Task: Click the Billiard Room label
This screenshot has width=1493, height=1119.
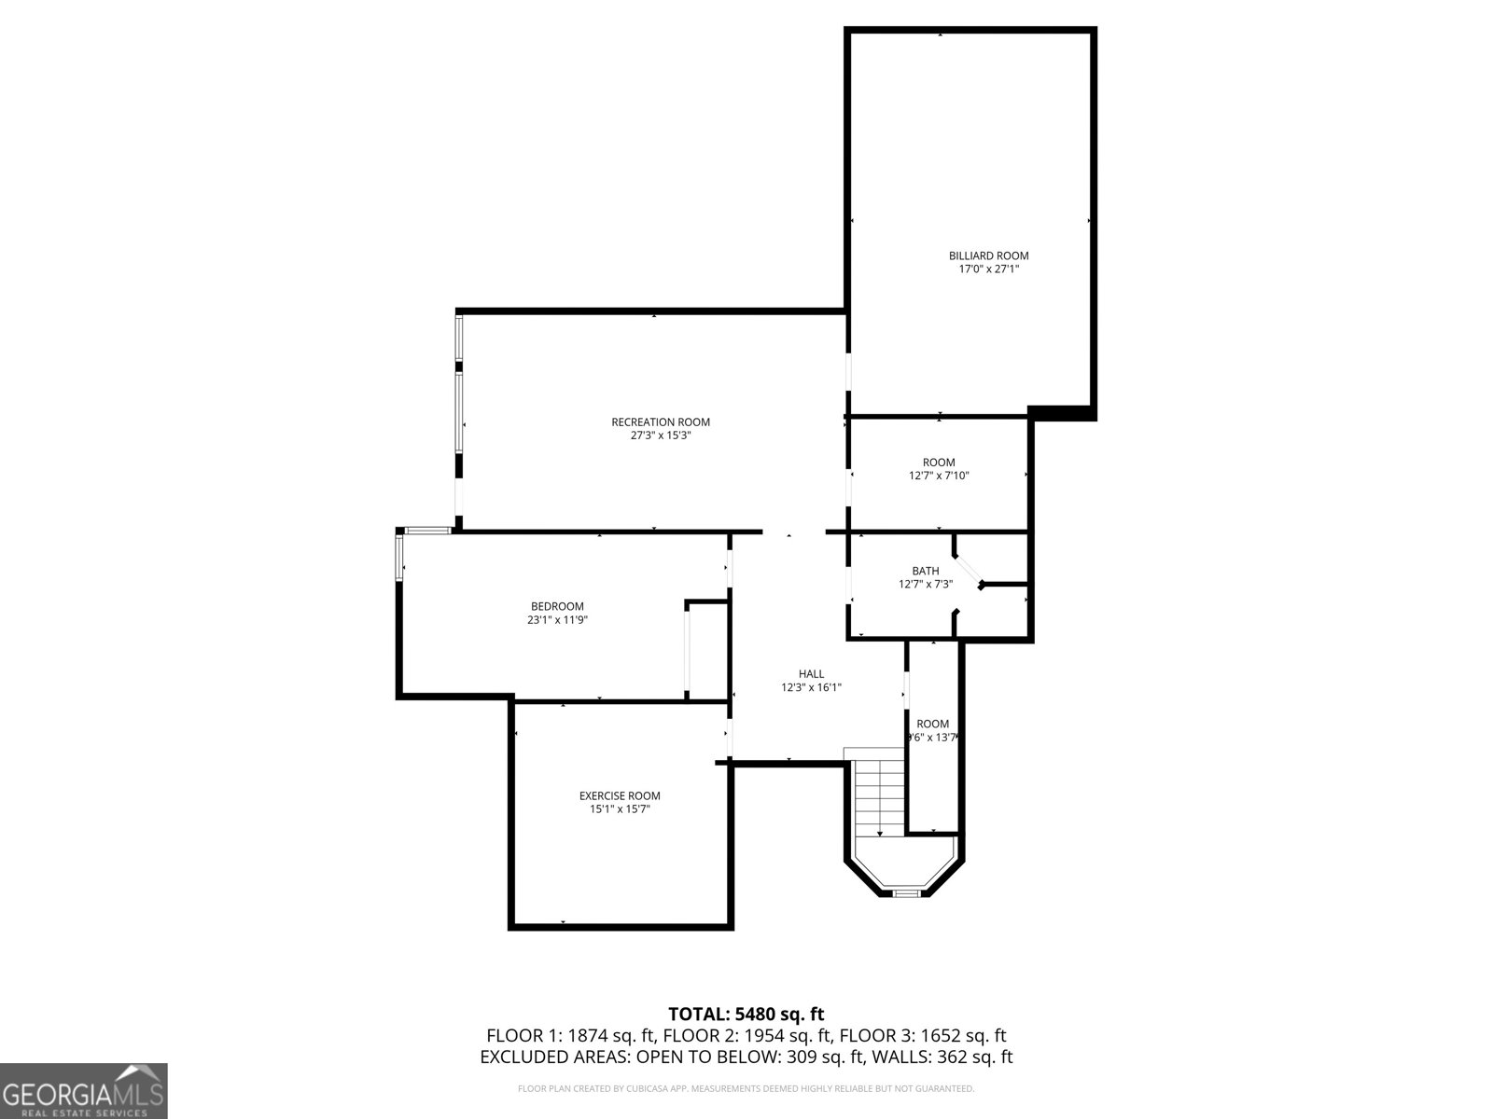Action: click(x=988, y=256)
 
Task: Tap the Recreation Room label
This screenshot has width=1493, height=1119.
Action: click(x=661, y=422)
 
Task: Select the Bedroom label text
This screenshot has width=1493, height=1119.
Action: click(x=557, y=606)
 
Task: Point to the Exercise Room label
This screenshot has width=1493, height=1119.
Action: click(x=620, y=795)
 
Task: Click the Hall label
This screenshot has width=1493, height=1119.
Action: click(x=811, y=674)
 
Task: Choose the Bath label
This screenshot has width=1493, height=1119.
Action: click(x=926, y=571)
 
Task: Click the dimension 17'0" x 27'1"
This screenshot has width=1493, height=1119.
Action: click(x=988, y=269)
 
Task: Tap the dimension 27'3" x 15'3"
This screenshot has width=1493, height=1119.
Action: click(x=661, y=435)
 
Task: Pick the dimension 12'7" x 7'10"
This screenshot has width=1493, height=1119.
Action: click(x=939, y=476)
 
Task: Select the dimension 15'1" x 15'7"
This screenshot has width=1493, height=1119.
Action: click(x=620, y=809)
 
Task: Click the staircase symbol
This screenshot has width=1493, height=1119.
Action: click(x=879, y=797)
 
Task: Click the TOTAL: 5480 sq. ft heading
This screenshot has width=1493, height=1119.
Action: click(x=746, y=1014)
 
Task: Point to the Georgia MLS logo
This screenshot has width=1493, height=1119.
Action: click(x=84, y=1091)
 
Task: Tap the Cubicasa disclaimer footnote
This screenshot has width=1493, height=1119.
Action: click(x=746, y=1088)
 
